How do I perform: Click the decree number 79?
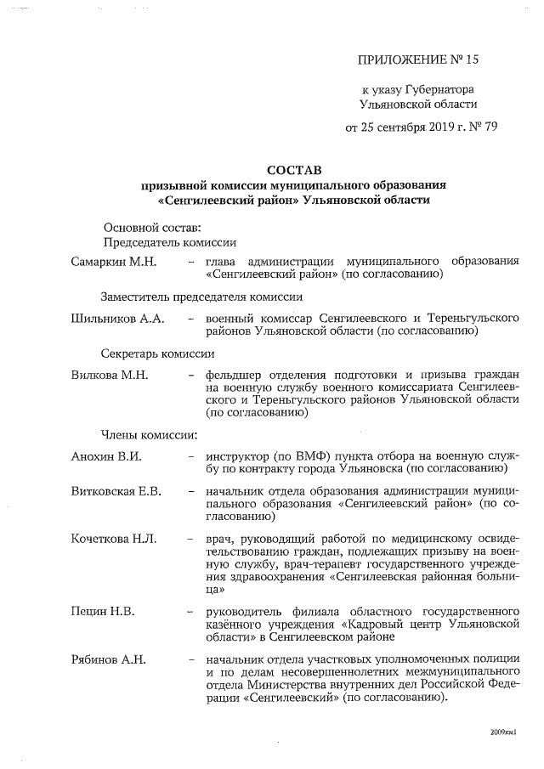coord(490,127)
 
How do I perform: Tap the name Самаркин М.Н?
coord(114,261)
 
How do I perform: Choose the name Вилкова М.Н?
coord(110,375)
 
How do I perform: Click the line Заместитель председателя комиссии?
coord(201,297)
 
